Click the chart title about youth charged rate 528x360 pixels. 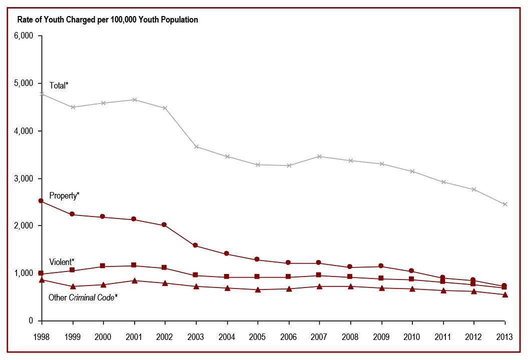(108, 20)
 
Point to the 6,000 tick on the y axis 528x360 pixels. (24, 36)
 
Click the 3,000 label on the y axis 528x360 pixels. (24, 178)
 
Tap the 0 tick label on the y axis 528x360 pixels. (31, 321)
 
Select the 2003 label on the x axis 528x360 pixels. (197, 336)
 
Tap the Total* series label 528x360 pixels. (59, 85)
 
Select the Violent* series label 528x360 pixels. (62, 262)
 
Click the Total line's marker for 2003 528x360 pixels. (197, 146)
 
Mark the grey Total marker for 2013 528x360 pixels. (505, 204)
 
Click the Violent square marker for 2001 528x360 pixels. (135, 265)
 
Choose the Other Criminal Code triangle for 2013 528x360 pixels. (505, 294)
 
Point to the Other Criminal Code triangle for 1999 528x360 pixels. (73, 286)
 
